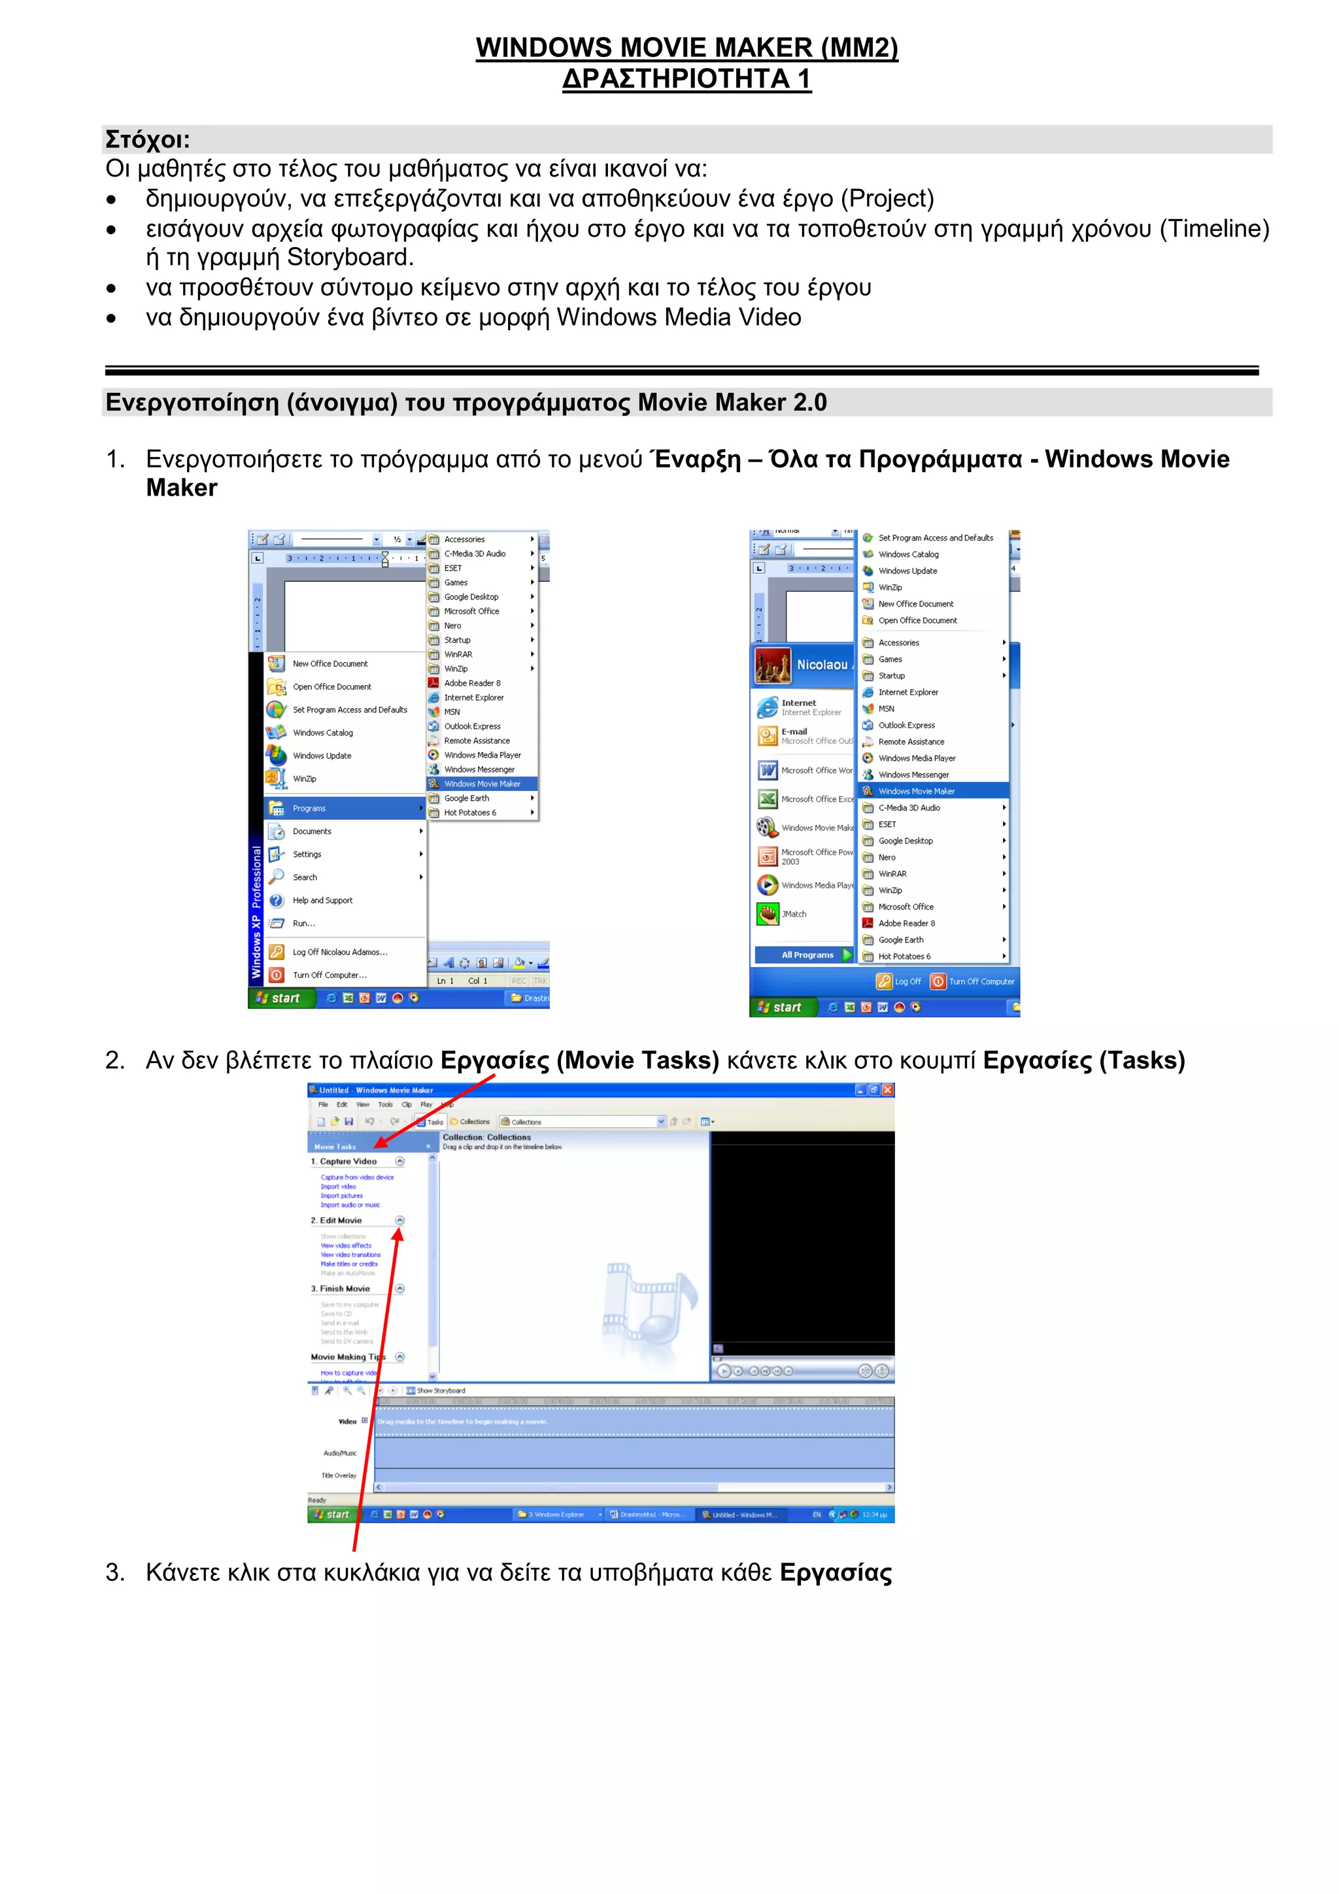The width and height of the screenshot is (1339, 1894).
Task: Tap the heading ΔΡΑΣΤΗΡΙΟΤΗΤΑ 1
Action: (686, 79)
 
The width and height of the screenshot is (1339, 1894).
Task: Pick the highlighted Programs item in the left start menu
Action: (309, 809)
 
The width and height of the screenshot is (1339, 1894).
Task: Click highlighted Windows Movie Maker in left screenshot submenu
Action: (482, 784)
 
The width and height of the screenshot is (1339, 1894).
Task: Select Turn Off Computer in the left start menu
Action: (329, 975)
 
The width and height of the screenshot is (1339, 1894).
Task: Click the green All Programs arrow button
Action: (847, 955)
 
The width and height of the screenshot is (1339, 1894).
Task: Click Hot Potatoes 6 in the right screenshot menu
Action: (904, 957)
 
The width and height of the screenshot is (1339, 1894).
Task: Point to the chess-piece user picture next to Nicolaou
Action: (772, 666)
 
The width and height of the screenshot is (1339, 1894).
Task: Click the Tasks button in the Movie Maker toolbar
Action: (431, 1122)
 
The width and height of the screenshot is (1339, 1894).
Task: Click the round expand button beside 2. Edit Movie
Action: (400, 1220)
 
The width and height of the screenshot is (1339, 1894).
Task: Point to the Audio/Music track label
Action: (340, 1453)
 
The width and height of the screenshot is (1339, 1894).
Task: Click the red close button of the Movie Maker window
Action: (888, 1090)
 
